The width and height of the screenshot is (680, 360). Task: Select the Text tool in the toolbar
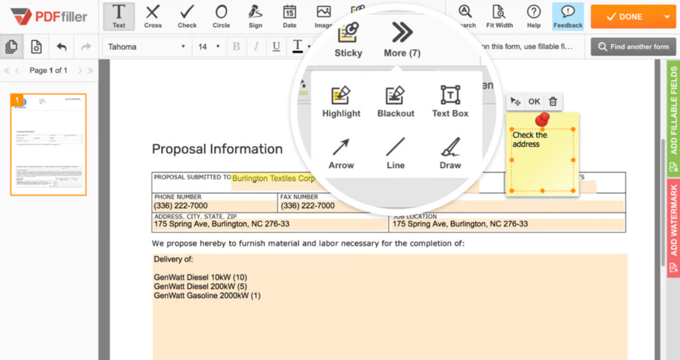click(119, 16)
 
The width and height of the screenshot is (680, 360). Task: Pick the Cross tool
click(153, 16)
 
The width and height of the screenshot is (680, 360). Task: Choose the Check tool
click(187, 16)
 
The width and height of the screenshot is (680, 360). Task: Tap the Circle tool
click(221, 16)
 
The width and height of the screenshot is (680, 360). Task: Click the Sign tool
click(255, 16)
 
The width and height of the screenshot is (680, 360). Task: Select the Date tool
click(290, 16)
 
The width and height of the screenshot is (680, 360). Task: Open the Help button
click(534, 16)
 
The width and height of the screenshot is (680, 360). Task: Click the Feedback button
click(568, 16)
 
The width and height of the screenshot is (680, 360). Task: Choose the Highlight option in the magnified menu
click(341, 102)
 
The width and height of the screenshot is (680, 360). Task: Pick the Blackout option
click(396, 102)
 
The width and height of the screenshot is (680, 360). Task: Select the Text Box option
click(450, 102)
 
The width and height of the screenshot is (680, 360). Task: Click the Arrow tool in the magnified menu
click(341, 153)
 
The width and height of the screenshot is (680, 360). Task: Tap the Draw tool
click(450, 153)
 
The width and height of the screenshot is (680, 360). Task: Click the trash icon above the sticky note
click(552, 102)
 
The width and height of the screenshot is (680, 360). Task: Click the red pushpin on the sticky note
click(543, 120)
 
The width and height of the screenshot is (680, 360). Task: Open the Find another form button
click(634, 46)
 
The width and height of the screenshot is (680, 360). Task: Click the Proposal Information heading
click(217, 149)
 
